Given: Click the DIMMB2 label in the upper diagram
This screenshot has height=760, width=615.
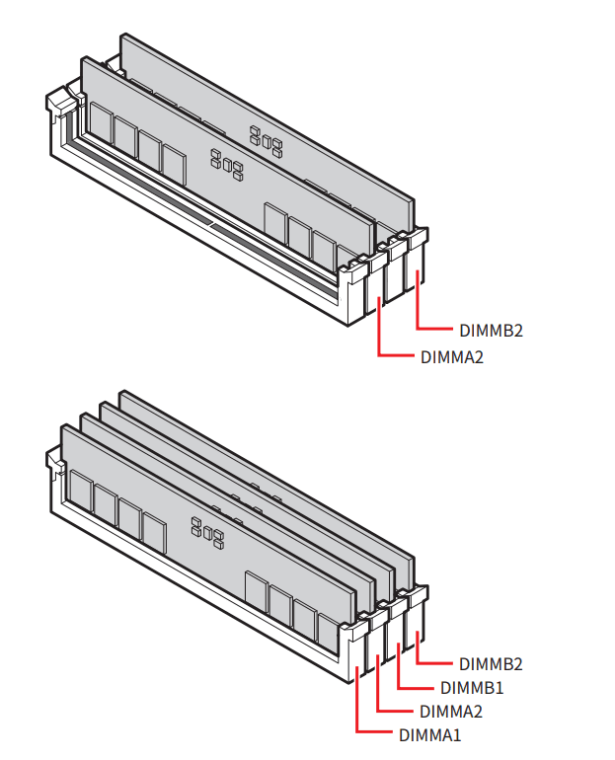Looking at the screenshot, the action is pos(491,330).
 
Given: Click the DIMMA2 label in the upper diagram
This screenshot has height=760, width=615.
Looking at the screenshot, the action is pos(452,357).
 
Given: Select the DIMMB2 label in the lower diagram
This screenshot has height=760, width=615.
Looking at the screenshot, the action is pos(491,664).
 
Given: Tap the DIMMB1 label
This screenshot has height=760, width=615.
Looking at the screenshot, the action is pos(472,688).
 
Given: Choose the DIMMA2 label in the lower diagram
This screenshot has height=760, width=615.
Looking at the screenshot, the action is pos(451,712).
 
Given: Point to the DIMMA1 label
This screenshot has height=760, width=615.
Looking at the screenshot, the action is pos(429,735).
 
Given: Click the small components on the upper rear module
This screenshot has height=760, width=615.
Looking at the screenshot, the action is pos(267,141).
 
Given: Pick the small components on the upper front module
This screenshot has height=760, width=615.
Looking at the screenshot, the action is pos(227,164).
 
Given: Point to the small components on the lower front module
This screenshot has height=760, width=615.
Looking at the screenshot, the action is pos(207,532).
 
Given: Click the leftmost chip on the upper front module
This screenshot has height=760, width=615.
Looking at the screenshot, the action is pos(101,124).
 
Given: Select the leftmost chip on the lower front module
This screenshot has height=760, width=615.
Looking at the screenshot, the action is pos(81,491).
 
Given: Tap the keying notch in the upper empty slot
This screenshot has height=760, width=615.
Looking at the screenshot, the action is pos(212,224).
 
